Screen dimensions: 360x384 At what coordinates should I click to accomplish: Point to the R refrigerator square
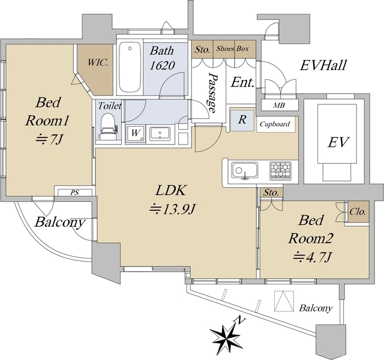[242, 119]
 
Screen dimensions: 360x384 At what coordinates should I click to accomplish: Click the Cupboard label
[276, 125]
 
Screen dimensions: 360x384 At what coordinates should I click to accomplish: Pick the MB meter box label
[278, 106]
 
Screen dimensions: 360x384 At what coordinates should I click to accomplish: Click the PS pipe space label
[74, 193]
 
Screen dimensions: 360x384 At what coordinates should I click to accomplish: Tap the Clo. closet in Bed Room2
[358, 212]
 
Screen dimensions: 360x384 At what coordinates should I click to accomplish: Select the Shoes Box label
[234, 49]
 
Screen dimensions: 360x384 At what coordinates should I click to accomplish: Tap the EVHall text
[323, 65]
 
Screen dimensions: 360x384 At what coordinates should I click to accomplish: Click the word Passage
[211, 89]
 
